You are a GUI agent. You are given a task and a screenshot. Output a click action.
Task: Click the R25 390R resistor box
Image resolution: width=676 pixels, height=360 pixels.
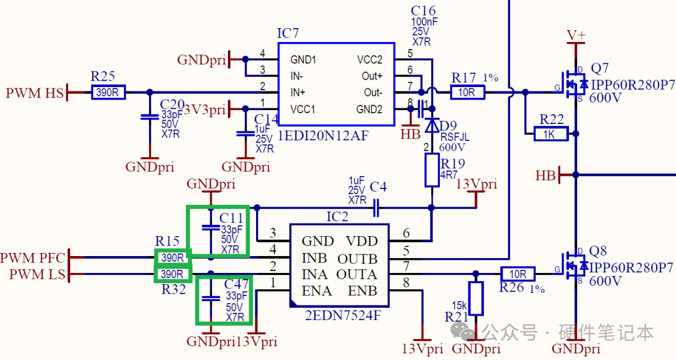108,92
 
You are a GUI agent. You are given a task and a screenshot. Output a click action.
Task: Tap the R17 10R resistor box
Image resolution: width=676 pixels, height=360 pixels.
468,92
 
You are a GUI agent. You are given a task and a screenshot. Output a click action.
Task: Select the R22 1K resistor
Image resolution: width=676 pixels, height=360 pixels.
551,134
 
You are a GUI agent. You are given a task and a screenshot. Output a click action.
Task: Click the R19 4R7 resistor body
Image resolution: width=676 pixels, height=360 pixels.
432,170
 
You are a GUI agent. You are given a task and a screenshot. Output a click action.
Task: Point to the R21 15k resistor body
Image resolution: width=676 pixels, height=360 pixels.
476,299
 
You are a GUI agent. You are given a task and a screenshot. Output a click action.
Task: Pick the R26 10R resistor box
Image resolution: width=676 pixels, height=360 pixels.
518,274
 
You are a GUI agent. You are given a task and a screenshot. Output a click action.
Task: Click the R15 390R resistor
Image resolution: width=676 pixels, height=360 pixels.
173,257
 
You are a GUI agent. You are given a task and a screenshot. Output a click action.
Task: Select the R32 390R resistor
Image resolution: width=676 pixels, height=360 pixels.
172,274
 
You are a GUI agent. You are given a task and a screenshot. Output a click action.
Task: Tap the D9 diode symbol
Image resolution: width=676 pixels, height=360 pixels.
431,125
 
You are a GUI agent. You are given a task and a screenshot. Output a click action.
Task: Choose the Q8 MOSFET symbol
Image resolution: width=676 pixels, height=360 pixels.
572,267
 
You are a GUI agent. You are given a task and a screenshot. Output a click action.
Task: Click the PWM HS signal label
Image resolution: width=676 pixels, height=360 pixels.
34,93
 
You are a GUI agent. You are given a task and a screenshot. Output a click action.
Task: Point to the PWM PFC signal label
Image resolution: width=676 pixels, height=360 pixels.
33,258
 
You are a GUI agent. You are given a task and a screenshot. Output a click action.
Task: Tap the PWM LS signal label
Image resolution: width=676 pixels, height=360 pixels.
37,274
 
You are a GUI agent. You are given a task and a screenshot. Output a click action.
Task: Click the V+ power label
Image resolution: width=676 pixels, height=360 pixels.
576,35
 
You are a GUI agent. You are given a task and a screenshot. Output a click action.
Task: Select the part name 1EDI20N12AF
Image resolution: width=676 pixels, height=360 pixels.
324,136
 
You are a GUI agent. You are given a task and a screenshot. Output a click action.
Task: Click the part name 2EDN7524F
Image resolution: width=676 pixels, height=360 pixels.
343,315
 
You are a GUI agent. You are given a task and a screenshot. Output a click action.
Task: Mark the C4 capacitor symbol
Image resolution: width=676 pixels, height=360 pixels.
376,208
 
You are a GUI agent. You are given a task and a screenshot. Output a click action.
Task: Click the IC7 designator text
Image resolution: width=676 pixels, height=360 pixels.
287,33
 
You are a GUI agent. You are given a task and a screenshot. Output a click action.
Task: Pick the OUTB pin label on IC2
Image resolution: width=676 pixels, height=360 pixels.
357,259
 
